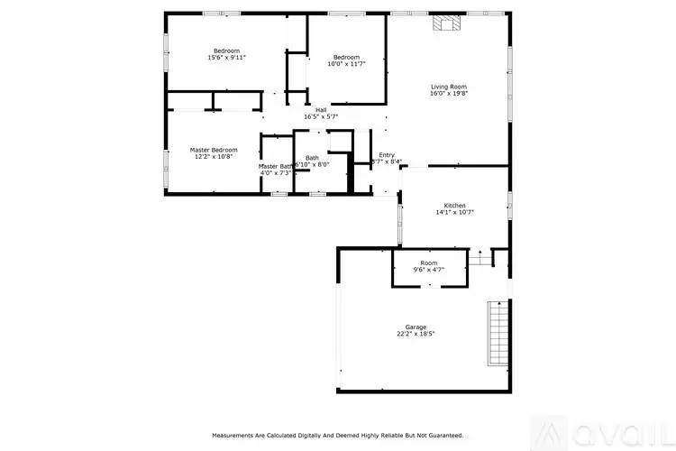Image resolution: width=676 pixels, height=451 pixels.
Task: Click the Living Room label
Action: coord(448,84)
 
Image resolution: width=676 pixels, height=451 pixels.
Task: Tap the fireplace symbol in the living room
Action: coord(443,23)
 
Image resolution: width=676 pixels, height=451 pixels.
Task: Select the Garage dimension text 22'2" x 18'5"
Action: coord(416,334)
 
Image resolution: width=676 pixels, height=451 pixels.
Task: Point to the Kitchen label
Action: coord(453,205)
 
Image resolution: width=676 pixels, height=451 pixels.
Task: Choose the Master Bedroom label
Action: coord(214,149)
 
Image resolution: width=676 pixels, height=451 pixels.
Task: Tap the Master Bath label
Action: coord(276,166)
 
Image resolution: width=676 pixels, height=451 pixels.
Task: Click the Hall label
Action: coord(321,109)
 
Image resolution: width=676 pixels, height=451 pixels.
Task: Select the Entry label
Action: coord(387,154)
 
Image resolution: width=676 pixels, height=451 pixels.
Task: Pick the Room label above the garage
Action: coord(429,262)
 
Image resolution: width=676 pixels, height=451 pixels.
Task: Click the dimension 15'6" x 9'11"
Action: coord(226,57)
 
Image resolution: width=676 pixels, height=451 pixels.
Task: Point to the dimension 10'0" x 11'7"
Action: coord(346,64)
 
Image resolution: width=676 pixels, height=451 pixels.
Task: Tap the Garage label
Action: coord(416,327)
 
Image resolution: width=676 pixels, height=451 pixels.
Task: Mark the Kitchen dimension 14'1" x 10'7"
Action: coord(453,212)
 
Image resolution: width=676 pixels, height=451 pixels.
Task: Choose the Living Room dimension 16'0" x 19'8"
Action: coord(448,92)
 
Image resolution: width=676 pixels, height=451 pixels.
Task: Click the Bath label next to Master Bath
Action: coord(312,157)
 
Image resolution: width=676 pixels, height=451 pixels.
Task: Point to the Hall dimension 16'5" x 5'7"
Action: coord(321,116)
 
